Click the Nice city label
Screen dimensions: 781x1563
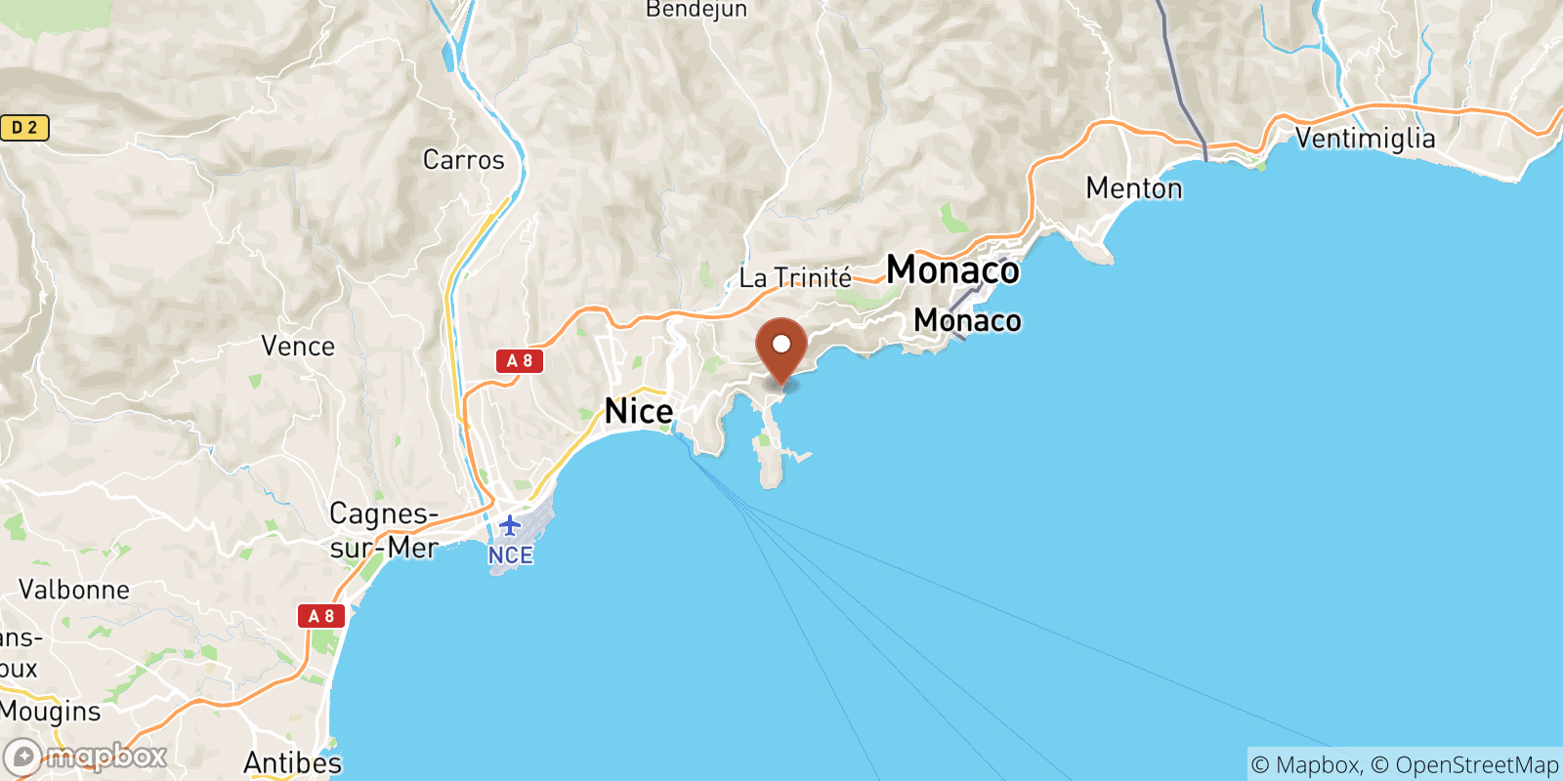tap(639, 411)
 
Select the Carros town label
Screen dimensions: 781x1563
tap(463, 160)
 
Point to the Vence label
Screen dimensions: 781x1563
tap(298, 347)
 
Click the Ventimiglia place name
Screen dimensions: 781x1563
tap(1365, 139)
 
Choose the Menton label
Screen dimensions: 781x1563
tap(1134, 187)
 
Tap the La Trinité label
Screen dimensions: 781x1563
tap(795, 278)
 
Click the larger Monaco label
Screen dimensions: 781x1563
tap(952, 269)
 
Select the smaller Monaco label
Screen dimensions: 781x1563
tap(967, 320)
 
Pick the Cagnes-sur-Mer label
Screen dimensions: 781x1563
tap(384, 530)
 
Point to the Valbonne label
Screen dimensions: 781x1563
tap(74, 590)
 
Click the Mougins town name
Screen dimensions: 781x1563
tap(51, 712)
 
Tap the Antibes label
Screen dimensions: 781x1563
tap(292, 762)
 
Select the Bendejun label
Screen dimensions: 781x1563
tap(697, 10)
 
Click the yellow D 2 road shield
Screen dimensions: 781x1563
tap(24, 128)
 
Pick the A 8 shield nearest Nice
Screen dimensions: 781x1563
tap(519, 361)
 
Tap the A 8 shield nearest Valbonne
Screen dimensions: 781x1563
tap(321, 616)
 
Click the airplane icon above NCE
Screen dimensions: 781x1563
tap(509, 526)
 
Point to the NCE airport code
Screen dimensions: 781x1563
tap(510, 555)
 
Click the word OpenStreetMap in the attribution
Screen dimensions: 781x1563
tap(1476, 764)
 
